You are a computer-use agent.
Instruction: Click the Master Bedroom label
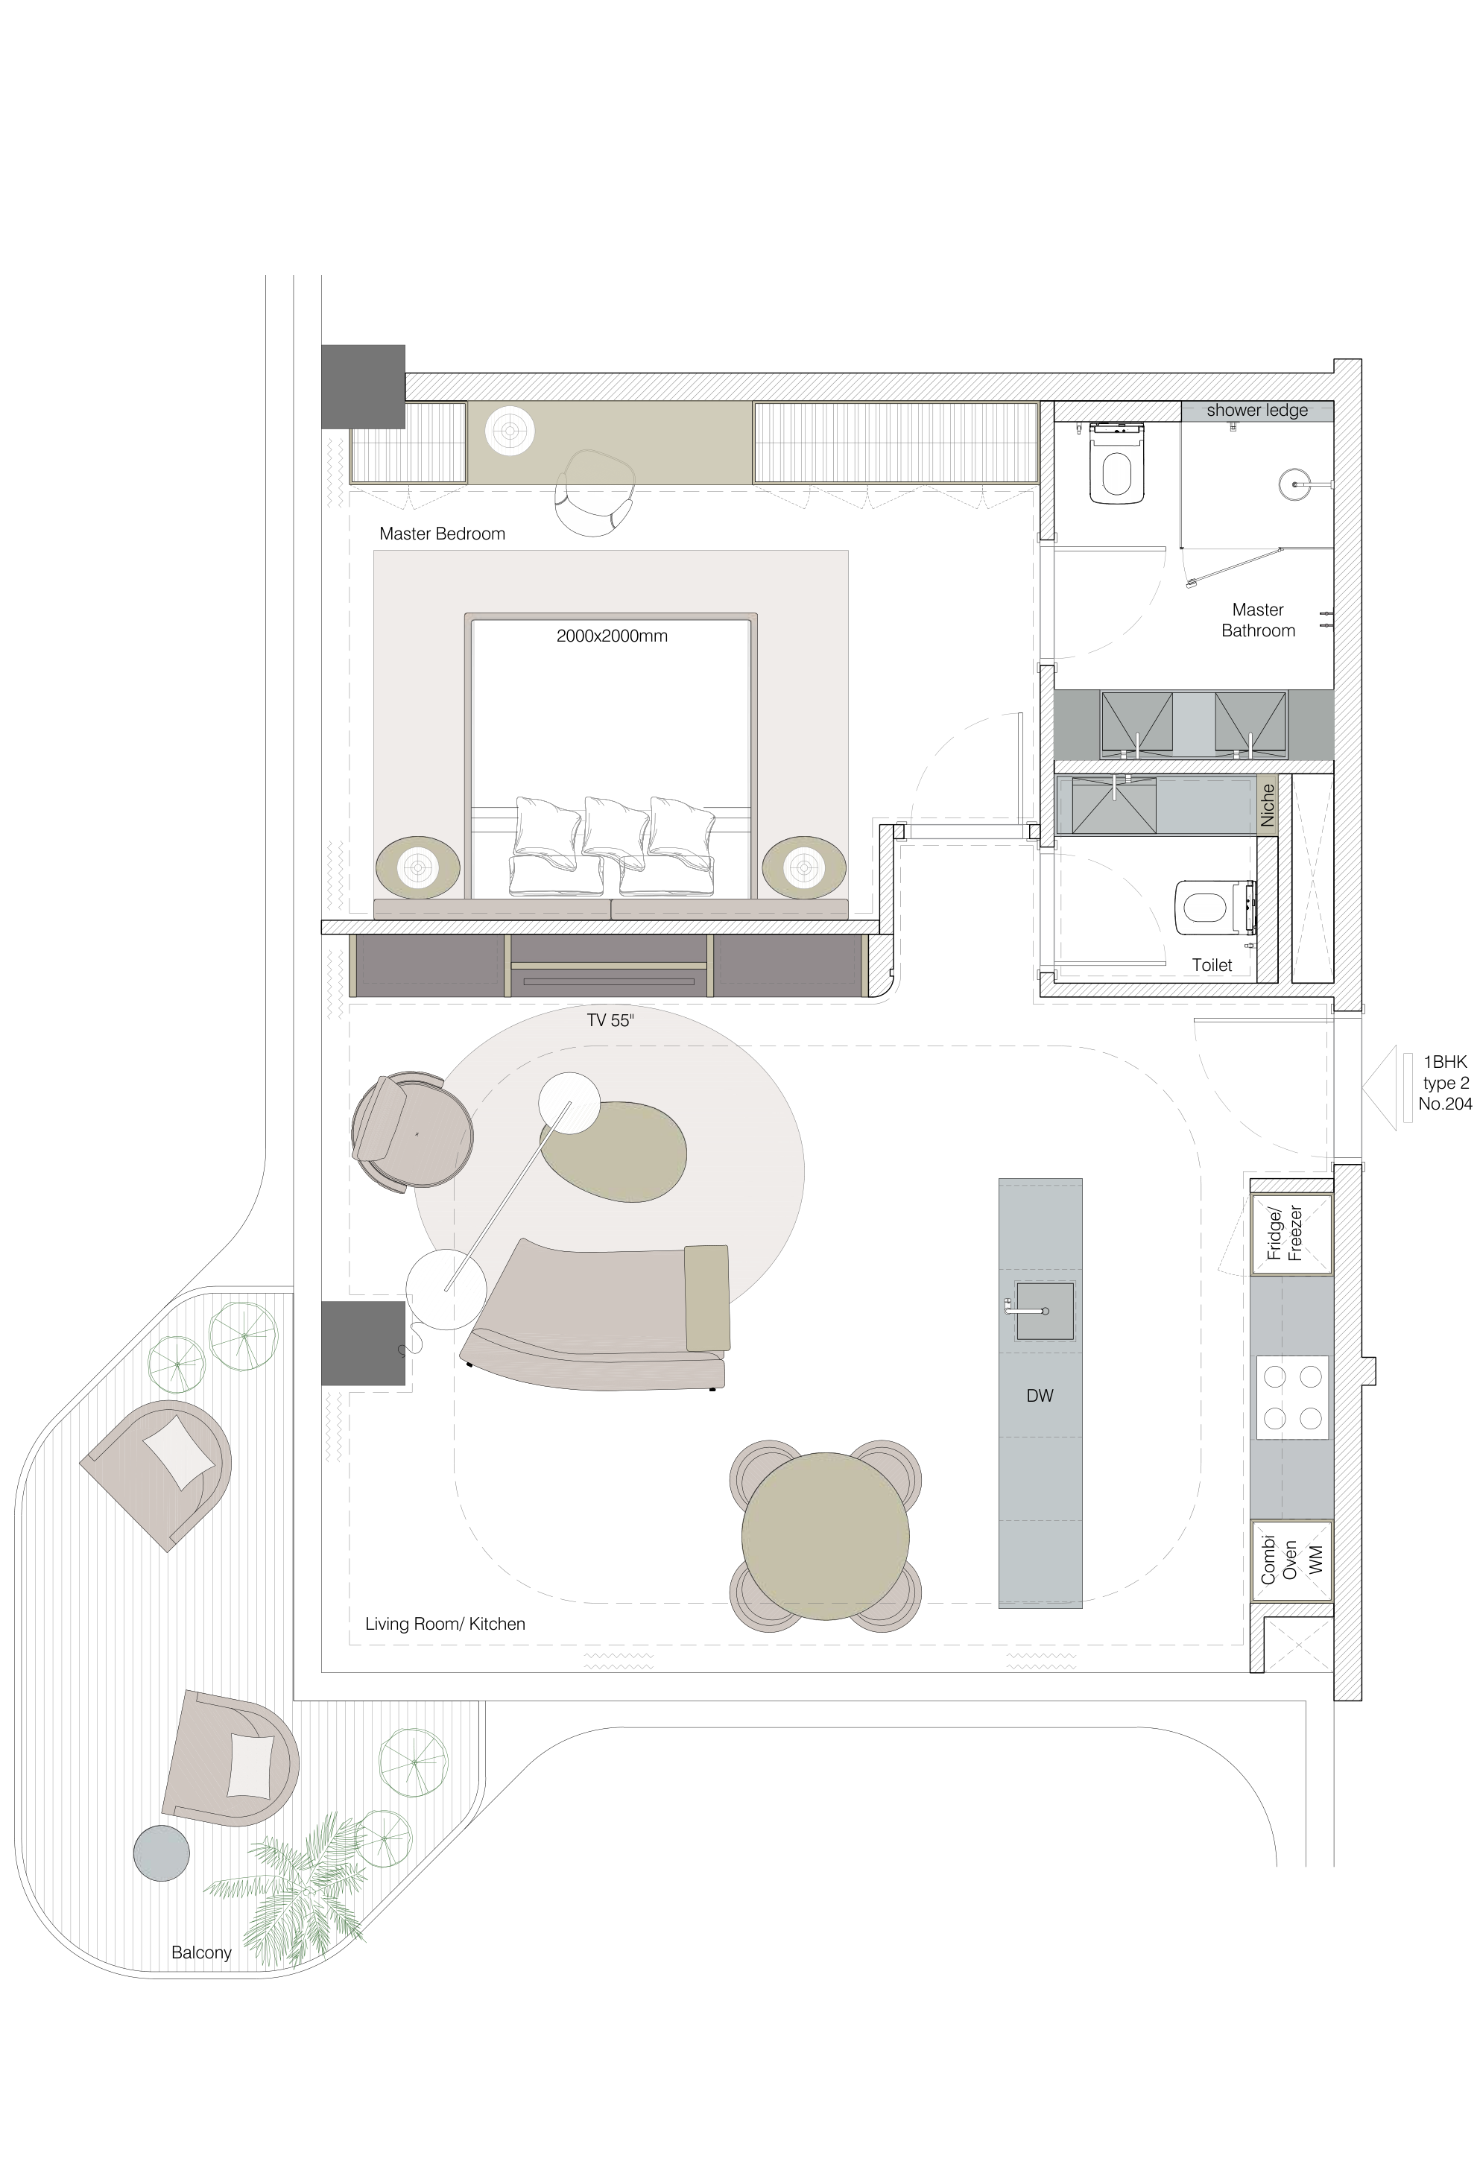(442, 534)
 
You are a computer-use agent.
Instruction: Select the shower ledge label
(1256, 411)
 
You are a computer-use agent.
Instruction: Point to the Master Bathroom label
(1258, 620)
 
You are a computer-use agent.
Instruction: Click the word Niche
(1268, 805)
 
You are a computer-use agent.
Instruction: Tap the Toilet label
(1212, 965)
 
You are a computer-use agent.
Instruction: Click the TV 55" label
(610, 1020)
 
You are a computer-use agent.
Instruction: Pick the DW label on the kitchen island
(1040, 1396)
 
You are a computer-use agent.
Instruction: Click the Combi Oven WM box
(1291, 1560)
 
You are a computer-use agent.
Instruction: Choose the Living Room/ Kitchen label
(445, 1623)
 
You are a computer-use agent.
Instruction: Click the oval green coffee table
(613, 1151)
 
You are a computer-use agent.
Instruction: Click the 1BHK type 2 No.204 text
(1445, 1083)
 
